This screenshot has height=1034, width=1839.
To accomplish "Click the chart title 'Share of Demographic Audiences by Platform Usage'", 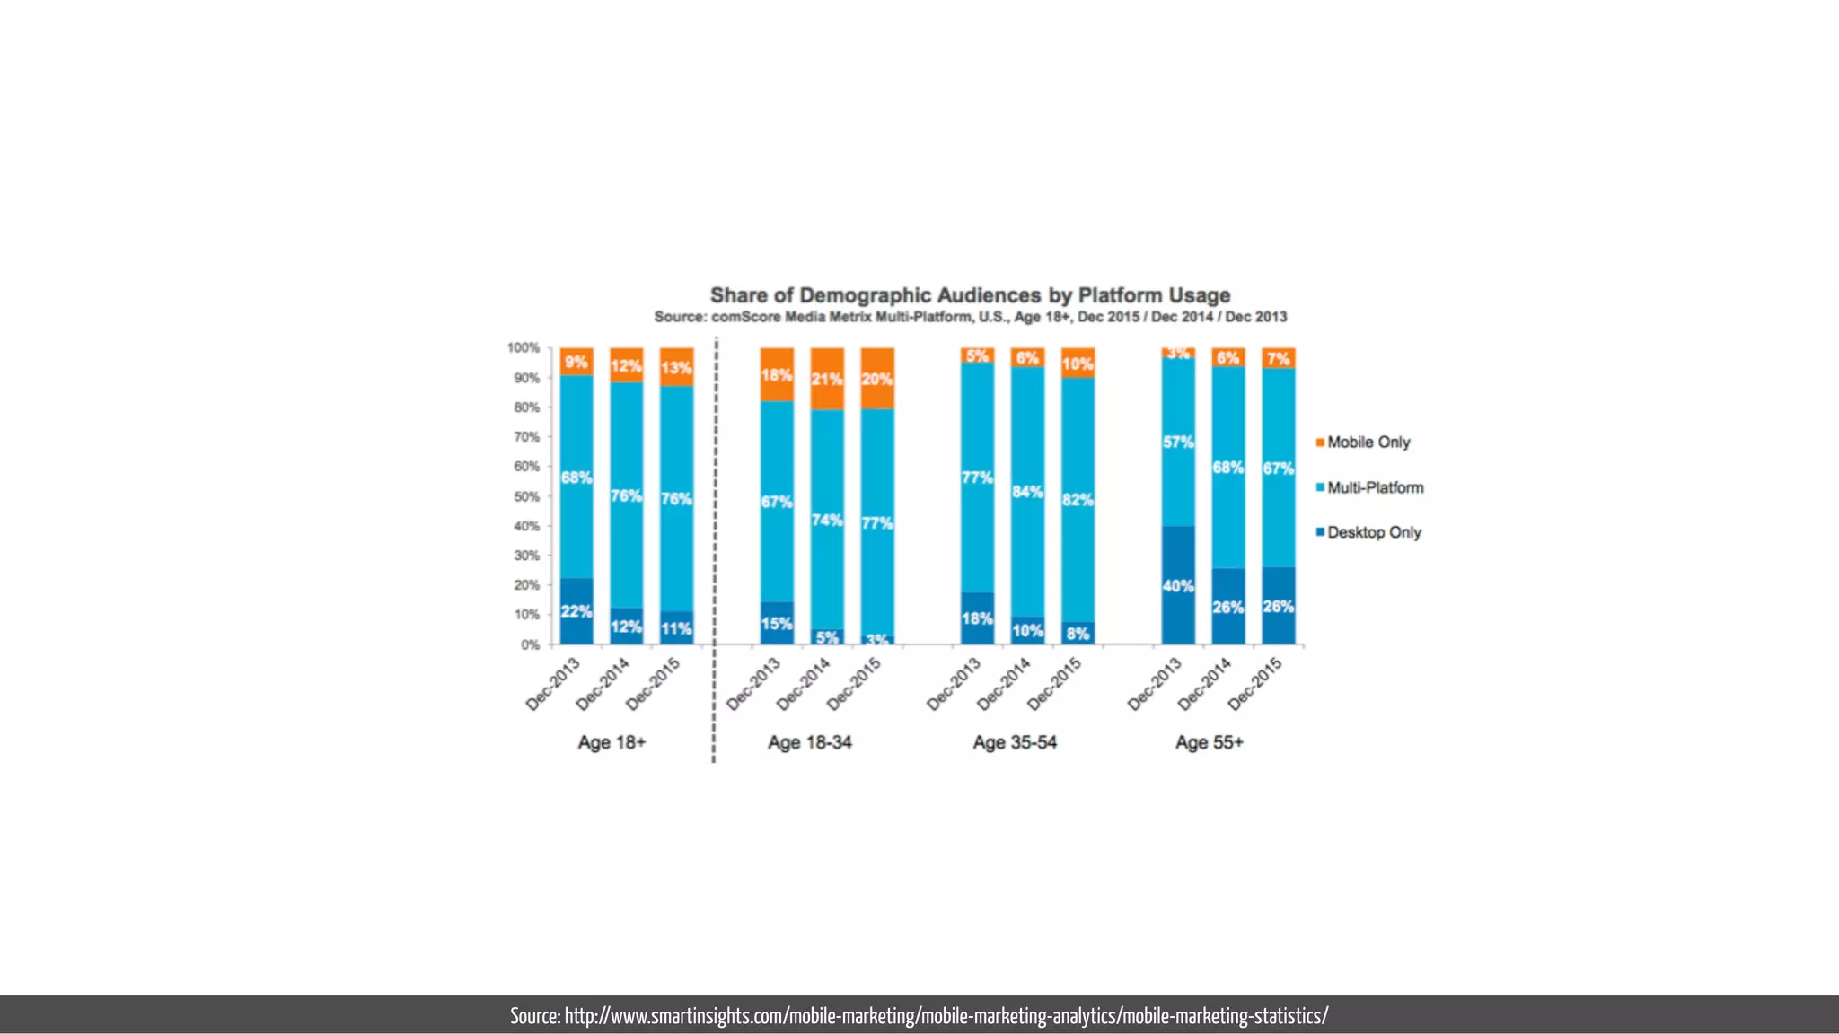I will pyautogui.click(x=970, y=295).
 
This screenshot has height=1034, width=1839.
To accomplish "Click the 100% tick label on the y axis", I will pyautogui.click(x=524, y=347).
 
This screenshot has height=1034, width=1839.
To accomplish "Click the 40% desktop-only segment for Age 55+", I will pyautogui.click(x=1178, y=585).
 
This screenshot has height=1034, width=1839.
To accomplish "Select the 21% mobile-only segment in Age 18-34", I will pyautogui.click(x=827, y=379).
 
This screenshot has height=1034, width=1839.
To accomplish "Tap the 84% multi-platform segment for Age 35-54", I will pyautogui.click(x=1027, y=492).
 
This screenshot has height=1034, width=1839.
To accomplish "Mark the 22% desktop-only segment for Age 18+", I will pyautogui.click(x=576, y=611).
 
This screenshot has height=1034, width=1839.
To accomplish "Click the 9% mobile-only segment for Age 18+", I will pyautogui.click(x=576, y=362).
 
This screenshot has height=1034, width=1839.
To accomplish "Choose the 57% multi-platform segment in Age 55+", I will pyautogui.click(x=1178, y=442).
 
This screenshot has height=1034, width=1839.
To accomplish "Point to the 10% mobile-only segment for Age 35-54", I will pyautogui.click(x=1078, y=364).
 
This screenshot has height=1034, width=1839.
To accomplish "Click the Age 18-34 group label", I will pyautogui.click(x=809, y=742).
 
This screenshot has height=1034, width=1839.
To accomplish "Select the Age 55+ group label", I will pyautogui.click(x=1210, y=742).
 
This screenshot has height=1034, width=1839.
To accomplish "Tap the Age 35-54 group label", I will pyautogui.click(x=1015, y=742).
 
